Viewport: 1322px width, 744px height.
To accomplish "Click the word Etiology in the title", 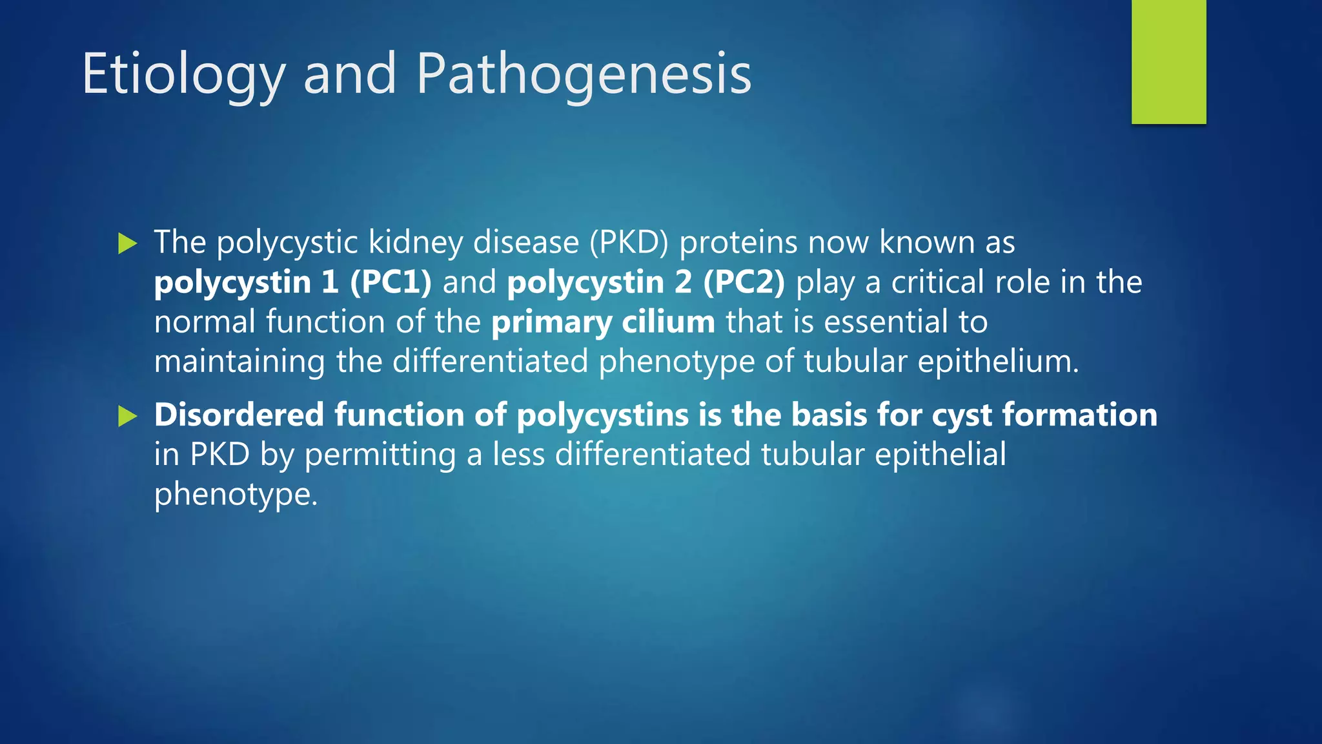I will click(x=183, y=75).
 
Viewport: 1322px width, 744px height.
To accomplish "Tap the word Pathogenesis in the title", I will click(x=584, y=75).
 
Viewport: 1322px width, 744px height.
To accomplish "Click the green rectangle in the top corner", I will click(x=1168, y=61).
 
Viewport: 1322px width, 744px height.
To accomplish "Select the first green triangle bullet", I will click(x=128, y=244).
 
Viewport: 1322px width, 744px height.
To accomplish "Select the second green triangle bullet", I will click(x=128, y=417).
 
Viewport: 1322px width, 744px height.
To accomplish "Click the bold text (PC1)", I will click(x=391, y=283).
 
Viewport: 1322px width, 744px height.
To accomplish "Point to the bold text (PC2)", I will click(x=744, y=283).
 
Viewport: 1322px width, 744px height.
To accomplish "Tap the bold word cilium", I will click(x=668, y=322).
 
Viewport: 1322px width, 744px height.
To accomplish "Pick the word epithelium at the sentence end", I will click(x=997, y=362).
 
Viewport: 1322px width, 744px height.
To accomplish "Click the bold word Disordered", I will click(x=239, y=415).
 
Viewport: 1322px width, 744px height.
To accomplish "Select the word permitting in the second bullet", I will click(x=380, y=455).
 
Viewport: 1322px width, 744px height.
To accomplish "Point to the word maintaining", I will click(x=239, y=362).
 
